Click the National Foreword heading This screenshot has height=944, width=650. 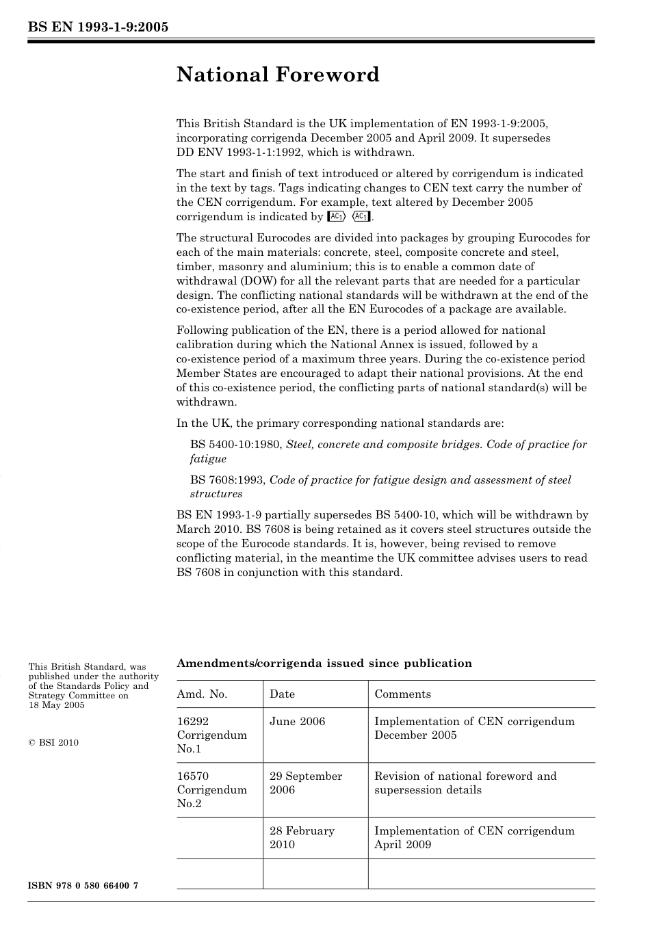pyautogui.click(x=277, y=75)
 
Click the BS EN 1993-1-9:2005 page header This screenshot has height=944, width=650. pyautogui.click(x=98, y=27)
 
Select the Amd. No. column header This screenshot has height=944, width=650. pyautogui.click(x=202, y=694)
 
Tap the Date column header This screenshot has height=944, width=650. pyautogui.click(x=282, y=694)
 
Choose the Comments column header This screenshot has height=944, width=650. pyautogui.click(x=402, y=694)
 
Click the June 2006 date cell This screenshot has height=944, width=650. pyautogui.click(x=297, y=721)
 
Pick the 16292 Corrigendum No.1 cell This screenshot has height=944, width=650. pyautogui.click(x=211, y=735)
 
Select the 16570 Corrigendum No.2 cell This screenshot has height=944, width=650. pyautogui.click(x=211, y=789)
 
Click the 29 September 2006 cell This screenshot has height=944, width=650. pyautogui.click(x=305, y=783)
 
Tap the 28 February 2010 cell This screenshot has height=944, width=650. pyautogui.click(x=302, y=837)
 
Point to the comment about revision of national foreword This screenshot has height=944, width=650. pyautogui.click(x=465, y=783)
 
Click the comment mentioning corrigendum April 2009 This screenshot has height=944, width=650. pyautogui.click(x=474, y=837)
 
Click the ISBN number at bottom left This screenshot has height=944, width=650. pyautogui.click(x=83, y=886)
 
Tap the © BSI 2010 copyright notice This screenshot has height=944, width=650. pyautogui.click(x=53, y=742)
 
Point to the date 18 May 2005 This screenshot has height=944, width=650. pyautogui.click(x=56, y=705)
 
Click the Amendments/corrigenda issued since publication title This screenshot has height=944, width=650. pyautogui.click(x=324, y=663)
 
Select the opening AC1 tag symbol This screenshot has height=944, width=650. pyautogui.click(x=337, y=217)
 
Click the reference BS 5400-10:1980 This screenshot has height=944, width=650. pyautogui.click(x=236, y=445)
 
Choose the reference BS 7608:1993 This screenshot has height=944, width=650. pyautogui.click(x=228, y=480)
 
